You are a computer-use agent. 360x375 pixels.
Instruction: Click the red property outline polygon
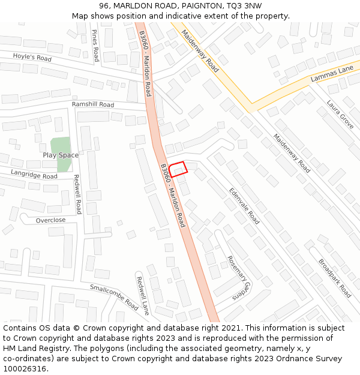[178, 169]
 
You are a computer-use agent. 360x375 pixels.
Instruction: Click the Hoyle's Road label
[32, 57]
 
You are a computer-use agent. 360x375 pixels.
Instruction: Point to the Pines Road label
[95, 45]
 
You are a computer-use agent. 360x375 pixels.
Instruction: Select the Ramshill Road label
[93, 104]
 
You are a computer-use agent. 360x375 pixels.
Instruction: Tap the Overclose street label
[50, 220]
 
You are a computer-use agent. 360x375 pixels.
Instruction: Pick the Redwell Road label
[77, 194]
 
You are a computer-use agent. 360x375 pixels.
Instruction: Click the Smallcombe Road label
[114, 297]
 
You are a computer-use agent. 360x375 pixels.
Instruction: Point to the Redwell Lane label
[142, 296]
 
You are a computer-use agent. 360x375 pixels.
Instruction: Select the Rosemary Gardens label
[238, 277]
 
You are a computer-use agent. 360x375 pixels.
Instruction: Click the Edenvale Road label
[244, 206]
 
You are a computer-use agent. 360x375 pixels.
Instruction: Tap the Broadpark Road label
[335, 278]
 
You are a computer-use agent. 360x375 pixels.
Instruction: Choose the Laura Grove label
[340, 114]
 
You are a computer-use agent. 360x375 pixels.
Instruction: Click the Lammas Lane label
[332, 74]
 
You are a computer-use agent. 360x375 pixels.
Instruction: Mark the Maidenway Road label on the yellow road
[200, 52]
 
